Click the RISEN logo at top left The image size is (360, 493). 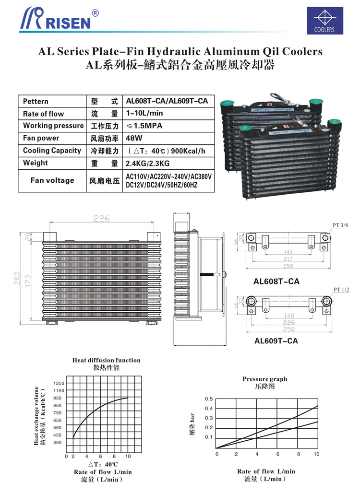point(60,19)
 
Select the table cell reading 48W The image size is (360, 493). point(133,138)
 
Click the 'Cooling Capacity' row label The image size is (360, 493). point(52,151)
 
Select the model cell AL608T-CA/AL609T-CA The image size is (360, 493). point(167,101)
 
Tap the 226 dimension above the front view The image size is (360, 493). point(101,219)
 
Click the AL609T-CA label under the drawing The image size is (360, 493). point(276,341)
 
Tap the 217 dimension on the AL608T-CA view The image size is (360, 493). point(288,259)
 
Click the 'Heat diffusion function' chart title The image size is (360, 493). point(107,360)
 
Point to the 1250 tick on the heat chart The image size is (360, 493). point(59,383)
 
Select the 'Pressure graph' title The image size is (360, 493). point(264,379)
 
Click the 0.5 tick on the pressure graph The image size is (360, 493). point(208,399)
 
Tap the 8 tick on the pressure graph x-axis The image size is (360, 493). point(298,454)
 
